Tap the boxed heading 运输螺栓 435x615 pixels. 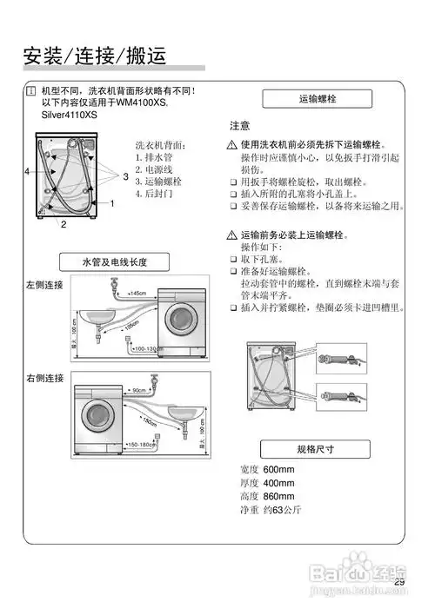click(x=317, y=100)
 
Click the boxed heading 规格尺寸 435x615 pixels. click(x=317, y=449)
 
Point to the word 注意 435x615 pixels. click(x=240, y=126)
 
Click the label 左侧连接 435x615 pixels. click(x=45, y=283)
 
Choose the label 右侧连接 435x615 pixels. click(x=45, y=378)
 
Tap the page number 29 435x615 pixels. click(x=399, y=582)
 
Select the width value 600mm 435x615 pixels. click(x=278, y=470)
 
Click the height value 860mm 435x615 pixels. click(x=278, y=496)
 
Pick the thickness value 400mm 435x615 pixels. click(x=278, y=483)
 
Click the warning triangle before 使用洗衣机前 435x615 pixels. click(x=232, y=144)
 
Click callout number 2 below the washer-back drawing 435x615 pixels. click(x=64, y=224)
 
